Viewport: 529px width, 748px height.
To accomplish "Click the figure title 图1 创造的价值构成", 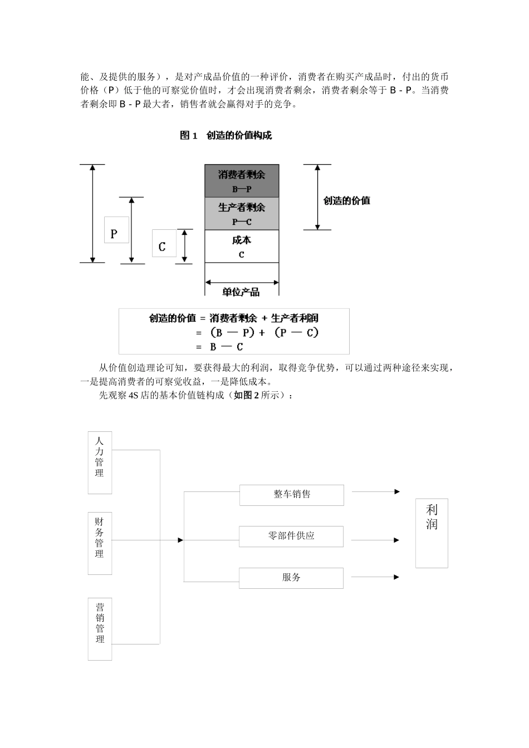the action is (x=226, y=135).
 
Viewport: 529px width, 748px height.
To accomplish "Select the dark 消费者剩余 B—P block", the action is (x=242, y=181).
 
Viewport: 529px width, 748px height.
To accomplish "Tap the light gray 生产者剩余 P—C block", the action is (x=242, y=214).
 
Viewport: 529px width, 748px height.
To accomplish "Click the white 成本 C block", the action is (x=242, y=247).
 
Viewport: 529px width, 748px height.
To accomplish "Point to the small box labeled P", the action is (x=116, y=230).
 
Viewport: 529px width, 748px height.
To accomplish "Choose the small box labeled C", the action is (x=164, y=244).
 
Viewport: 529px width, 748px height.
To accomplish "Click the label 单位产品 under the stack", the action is (x=241, y=292).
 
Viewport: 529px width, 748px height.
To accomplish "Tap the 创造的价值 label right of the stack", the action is (x=346, y=200).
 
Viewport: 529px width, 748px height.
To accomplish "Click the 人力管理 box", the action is (x=100, y=462).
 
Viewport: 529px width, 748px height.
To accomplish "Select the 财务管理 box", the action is (x=100, y=543).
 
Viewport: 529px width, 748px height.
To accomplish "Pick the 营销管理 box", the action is (x=100, y=629).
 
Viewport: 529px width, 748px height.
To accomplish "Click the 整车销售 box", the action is (x=292, y=495).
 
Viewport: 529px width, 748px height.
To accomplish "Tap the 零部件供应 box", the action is (x=291, y=537).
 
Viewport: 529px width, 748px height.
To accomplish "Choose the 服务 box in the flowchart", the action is (x=291, y=578).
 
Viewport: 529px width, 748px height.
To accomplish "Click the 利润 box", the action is (x=432, y=533).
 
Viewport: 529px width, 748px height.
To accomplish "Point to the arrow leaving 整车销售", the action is (x=376, y=492).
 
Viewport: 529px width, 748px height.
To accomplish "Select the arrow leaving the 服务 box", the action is (x=375, y=577).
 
